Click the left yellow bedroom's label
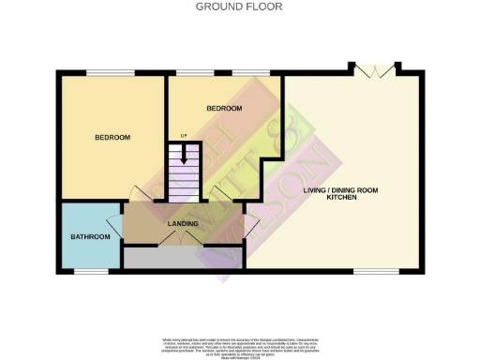coord(112,138)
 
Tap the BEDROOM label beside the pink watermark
coord(225,109)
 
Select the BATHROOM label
coord(90,237)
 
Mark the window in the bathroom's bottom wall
coord(91,272)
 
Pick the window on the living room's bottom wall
coord(368,272)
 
